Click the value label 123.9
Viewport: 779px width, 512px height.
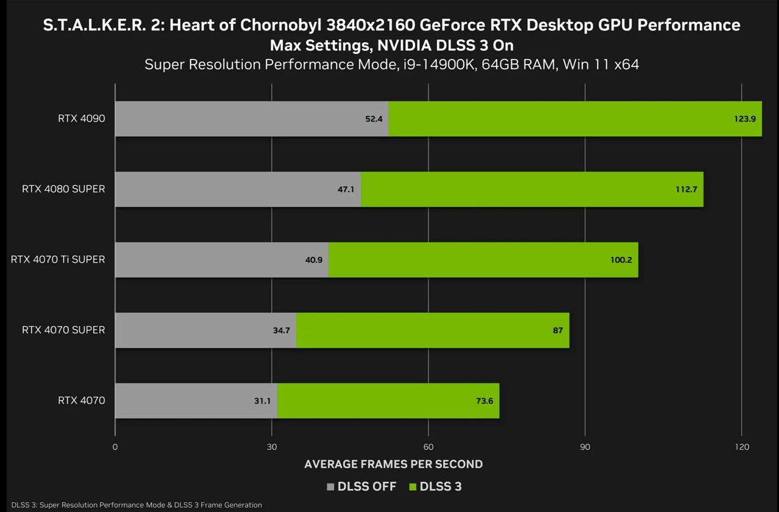coord(744,119)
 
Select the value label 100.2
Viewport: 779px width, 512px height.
coord(621,260)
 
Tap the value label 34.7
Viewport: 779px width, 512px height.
coord(281,331)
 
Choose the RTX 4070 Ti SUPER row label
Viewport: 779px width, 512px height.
coord(58,259)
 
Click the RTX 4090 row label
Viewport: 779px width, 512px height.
coord(82,118)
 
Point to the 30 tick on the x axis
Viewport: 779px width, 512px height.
coord(271,447)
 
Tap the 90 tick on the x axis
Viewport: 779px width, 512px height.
coord(585,447)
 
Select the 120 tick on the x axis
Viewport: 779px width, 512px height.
coord(741,447)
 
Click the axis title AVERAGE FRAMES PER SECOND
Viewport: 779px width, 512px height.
coord(393,464)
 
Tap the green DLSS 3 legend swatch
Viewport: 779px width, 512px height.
coord(413,486)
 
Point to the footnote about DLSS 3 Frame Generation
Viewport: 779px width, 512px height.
coord(136,505)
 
